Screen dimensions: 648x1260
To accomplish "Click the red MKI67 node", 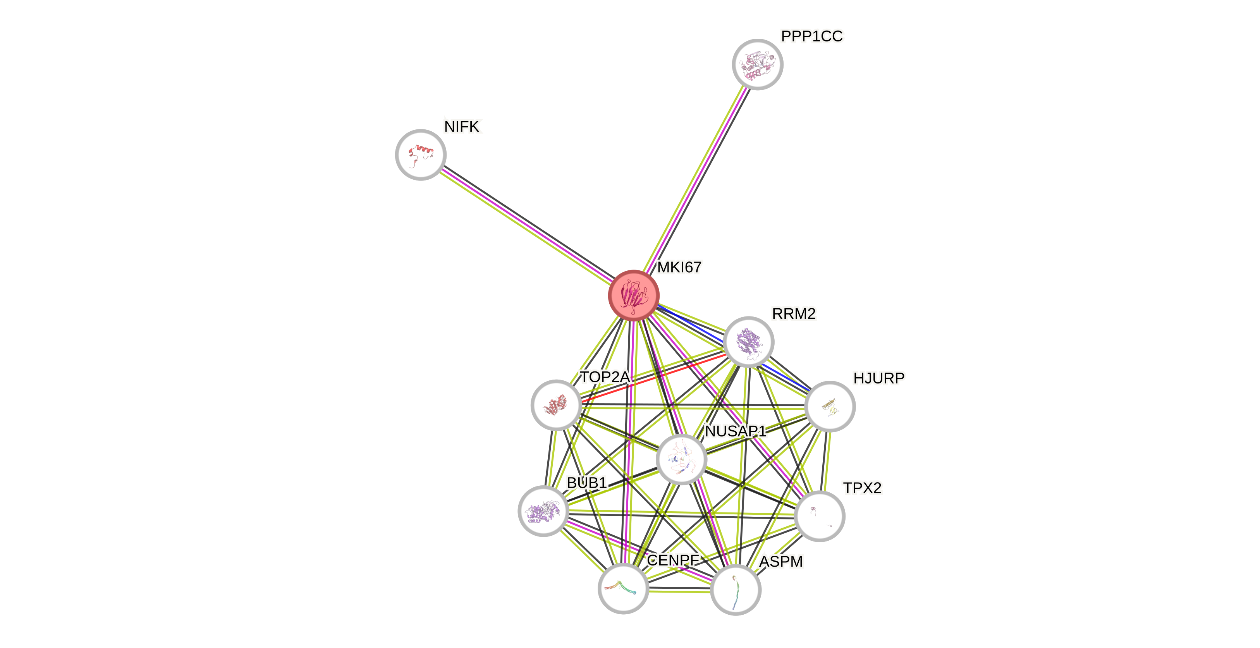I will pyautogui.click(x=633, y=296).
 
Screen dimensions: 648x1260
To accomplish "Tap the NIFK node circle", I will pyautogui.click(x=421, y=155).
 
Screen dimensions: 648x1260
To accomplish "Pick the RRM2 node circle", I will pyautogui.click(x=748, y=341).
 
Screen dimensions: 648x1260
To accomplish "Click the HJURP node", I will pyautogui.click(x=830, y=406).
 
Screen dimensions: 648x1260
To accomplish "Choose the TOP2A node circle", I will pyautogui.click(x=556, y=405).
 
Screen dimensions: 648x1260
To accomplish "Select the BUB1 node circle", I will pyautogui.click(x=543, y=511).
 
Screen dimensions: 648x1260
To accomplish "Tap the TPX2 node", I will pyautogui.click(x=820, y=516).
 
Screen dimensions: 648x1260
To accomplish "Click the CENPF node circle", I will pyautogui.click(x=623, y=588).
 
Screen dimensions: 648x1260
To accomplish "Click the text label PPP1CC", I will pyautogui.click(x=812, y=36).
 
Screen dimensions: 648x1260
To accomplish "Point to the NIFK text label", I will pyautogui.click(x=462, y=127).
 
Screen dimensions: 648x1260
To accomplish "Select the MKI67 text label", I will pyautogui.click(x=679, y=268).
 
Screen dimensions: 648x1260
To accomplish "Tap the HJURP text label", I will pyautogui.click(x=878, y=378).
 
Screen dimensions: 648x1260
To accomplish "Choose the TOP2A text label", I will pyautogui.click(x=605, y=377).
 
